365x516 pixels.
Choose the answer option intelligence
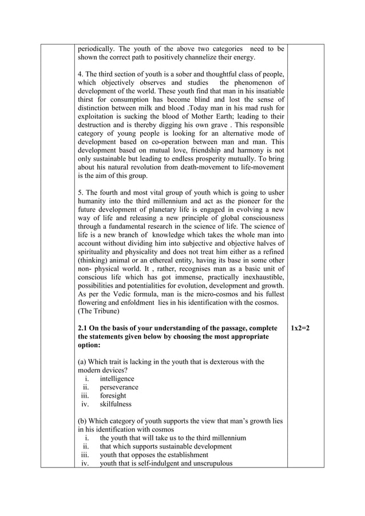point(117,379)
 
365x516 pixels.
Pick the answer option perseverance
point(119,387)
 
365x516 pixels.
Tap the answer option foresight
point(113,396)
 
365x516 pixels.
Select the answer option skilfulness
point(115,404)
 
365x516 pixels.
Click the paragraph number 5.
point(80,192)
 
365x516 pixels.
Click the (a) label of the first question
point(83,362)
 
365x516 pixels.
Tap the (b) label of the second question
point(83,421)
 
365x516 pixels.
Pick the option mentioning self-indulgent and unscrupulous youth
point(166,464)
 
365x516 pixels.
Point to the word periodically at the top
point(97,49)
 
